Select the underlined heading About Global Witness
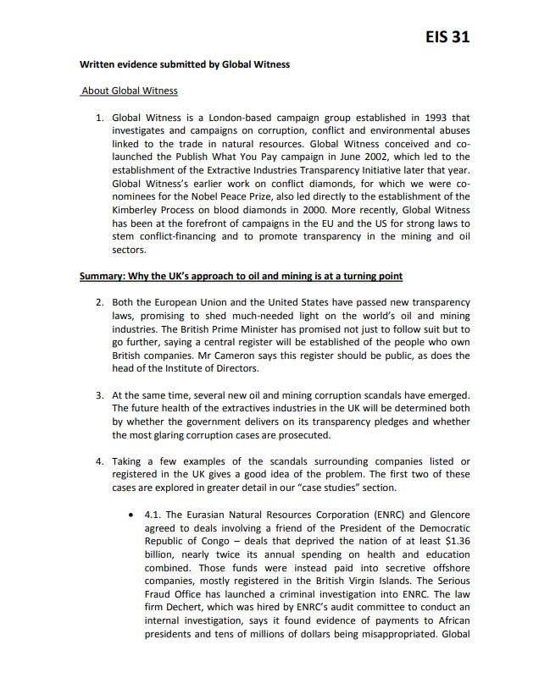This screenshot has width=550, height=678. tap(130, 91)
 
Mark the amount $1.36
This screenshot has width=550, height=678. tap(454, 542)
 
